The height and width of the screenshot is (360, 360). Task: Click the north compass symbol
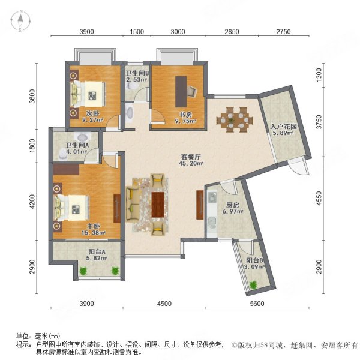(20, 20)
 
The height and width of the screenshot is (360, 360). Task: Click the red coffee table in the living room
(158, 204)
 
